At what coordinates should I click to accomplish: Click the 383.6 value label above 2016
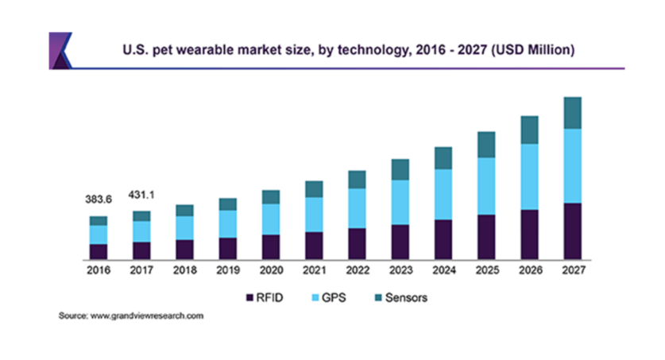[97, 199]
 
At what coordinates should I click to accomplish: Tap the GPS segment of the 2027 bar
[572, 165]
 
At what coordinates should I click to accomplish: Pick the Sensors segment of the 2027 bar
[572, 113]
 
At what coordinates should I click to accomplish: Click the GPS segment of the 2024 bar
[443, 194]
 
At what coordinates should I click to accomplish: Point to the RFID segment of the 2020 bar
[270, 246]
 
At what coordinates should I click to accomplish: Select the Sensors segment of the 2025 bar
[485, 145]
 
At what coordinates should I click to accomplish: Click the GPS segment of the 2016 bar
[98, 234]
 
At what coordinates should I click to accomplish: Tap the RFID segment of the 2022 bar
[357, 243]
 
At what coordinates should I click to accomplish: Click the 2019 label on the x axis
[227, 271]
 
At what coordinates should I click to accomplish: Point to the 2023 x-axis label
[400, 271]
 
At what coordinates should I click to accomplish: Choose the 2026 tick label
[529, 271]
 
